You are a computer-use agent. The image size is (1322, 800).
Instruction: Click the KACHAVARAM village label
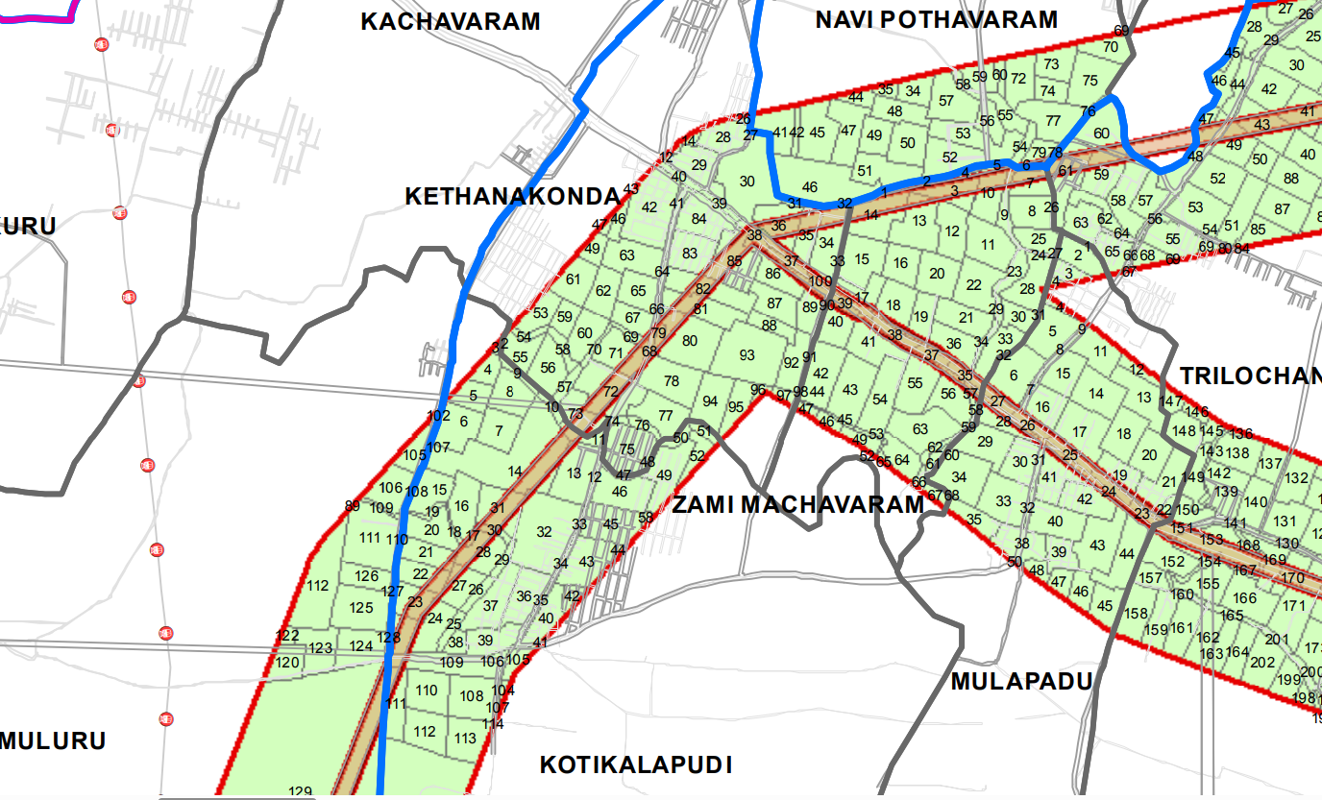click(450, 21)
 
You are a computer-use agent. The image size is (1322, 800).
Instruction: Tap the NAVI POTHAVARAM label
click(936, 19)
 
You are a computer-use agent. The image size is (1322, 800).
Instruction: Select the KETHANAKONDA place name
click(512, 197)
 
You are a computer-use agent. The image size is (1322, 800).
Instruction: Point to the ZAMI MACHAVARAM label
click(797, 504)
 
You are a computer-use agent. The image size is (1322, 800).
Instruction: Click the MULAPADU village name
click(1022, 682)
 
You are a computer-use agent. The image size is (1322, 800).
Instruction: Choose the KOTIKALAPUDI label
click(636, 765)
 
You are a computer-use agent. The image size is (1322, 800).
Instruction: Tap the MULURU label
click(53, 741)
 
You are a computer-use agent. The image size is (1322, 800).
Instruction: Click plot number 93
click(747, 355)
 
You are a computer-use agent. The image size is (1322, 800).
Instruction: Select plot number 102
click(439, 416)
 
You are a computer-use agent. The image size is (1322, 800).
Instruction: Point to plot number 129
click(301, 791)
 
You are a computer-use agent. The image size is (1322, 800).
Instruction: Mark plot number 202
click(1262, 662)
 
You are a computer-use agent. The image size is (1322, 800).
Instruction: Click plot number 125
click(361, 608)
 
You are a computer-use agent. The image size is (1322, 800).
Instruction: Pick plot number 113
click(465, 739)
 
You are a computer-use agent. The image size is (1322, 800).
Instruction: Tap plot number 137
click(1270, 464)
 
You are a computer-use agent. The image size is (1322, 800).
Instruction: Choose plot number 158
click(1137, 614)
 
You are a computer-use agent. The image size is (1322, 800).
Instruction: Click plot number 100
click(820, 281)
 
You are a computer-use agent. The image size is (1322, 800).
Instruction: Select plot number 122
click(287, 636)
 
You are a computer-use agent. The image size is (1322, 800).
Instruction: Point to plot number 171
click(1294, 606)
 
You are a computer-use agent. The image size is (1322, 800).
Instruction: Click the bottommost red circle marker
click(166, 719)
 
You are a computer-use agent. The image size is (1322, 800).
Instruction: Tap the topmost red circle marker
click(101, 44)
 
